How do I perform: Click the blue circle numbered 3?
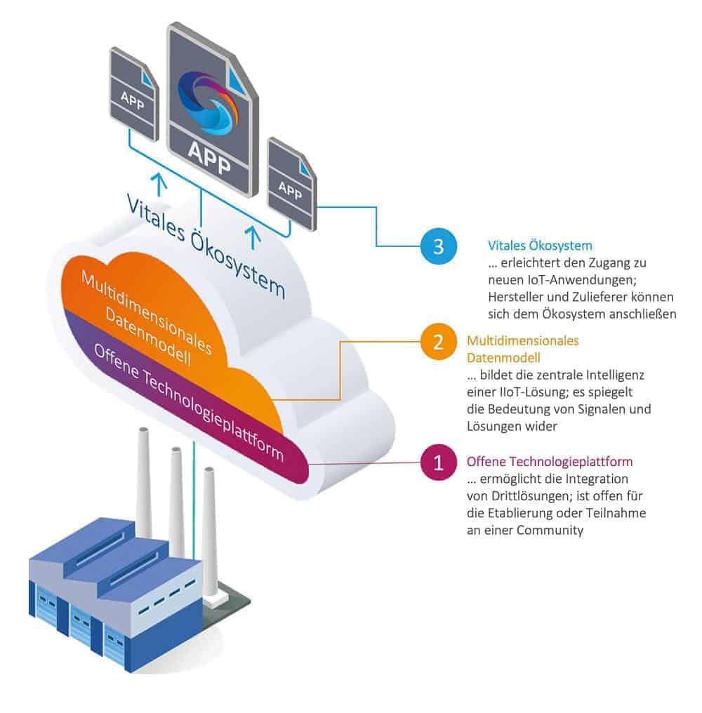[438, 246]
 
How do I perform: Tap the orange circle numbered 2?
[438, 342]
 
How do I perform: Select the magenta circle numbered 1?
[438, 463]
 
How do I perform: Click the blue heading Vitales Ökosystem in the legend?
[540, 246]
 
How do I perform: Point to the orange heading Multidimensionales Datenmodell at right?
[522, 349]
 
